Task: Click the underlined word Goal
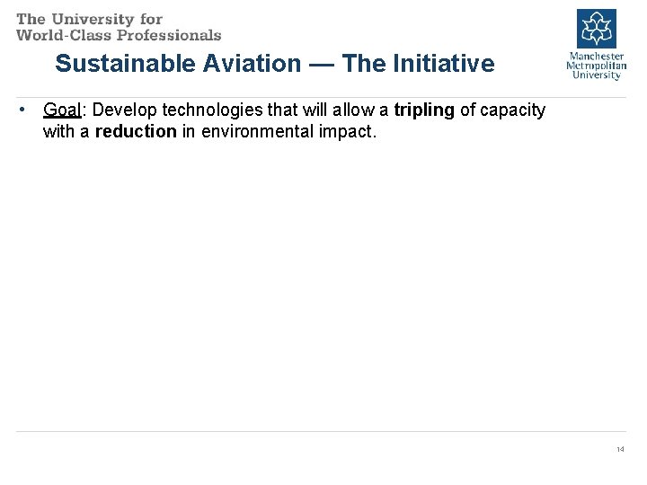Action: [61, 110]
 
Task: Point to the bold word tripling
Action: [424, 110]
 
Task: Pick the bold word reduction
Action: [136, 131]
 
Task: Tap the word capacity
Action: [513, 110]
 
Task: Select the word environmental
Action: [257, 131]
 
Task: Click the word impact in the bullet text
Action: [346, 131]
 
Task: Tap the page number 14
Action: [620, 449]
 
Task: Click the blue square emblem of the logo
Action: [596, 28]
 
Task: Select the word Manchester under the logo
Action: [596, 56]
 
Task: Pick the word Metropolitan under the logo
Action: [596, 66]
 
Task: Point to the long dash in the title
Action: [322, 64]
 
